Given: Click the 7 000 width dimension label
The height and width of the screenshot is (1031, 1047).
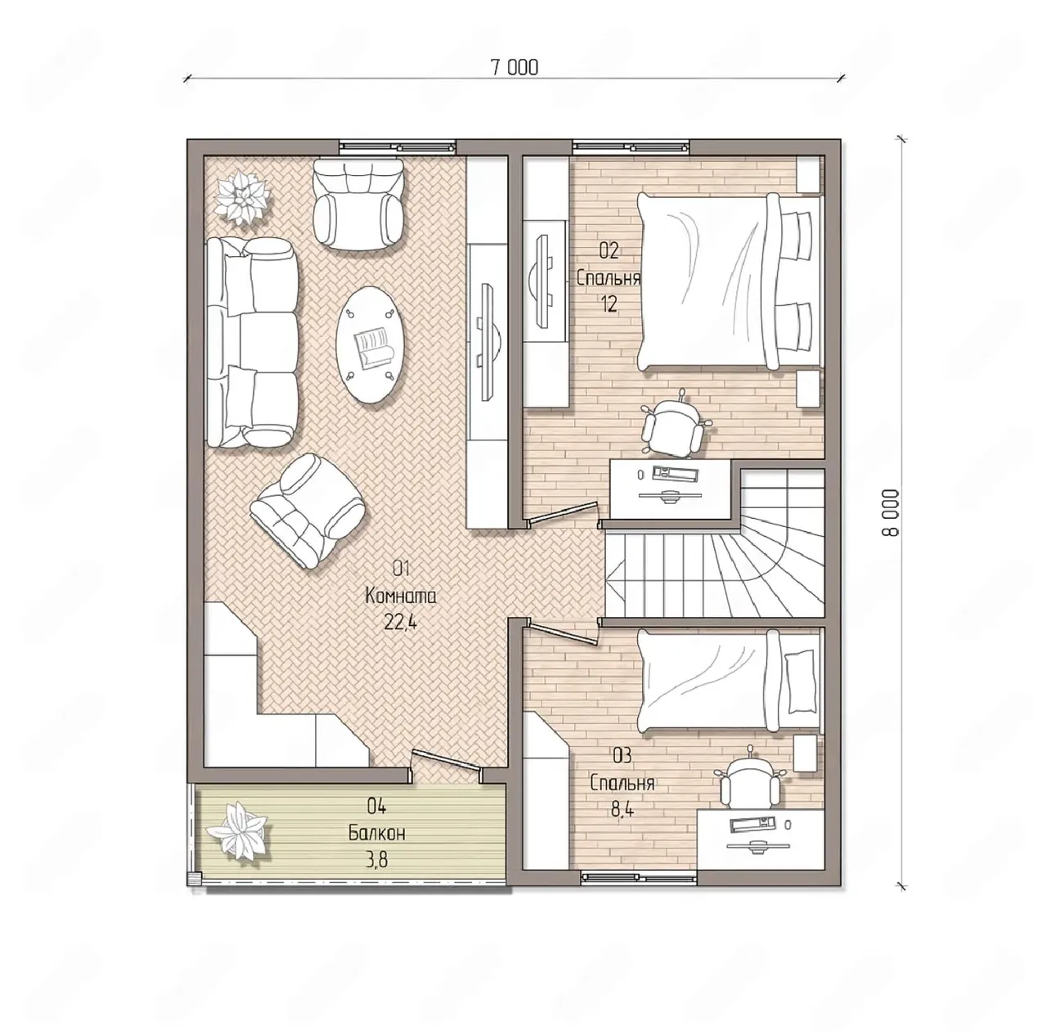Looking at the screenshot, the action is click(514, 67).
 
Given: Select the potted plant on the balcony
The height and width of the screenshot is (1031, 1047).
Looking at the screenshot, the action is click(236, 838).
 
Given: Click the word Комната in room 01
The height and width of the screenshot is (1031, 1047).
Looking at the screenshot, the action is click(401, 597).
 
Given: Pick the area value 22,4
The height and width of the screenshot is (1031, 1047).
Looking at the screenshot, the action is click(401, 622).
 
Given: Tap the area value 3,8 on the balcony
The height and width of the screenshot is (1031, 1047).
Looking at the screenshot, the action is click(376, 860).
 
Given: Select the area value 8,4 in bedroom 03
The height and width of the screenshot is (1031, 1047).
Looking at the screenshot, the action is click(622, 810).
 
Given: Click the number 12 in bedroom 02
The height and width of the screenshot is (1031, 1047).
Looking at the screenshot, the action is click(609, 304).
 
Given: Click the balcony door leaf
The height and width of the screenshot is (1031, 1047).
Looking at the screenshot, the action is click(446, 761).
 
